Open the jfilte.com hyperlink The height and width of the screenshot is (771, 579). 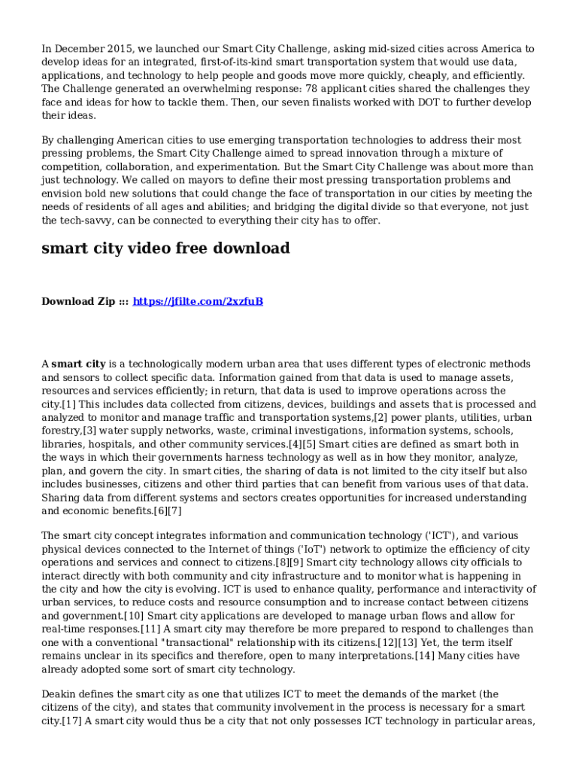198,302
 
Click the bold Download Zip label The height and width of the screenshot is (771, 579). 78,302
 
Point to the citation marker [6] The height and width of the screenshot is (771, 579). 161,511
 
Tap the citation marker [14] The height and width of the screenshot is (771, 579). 424,656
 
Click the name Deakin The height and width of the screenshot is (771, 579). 59,693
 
